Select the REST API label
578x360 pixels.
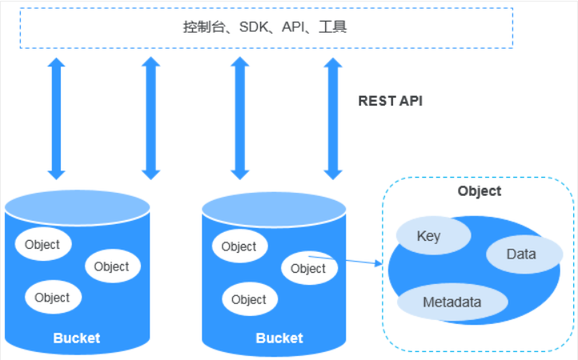click(x=390, y=101)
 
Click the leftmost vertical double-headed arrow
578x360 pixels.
click(x=56, y=118)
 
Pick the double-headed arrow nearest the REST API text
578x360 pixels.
click(x=332, y=118)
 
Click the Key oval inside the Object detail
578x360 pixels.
click(x=429, y=237)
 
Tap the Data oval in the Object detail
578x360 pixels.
click(x=521, y=254)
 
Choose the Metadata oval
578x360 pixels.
click(x=452, y=302)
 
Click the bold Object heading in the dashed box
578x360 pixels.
click(x=479, y=191)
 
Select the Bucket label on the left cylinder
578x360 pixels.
click(x=77, y=338)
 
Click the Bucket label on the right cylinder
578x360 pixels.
click(x=279, y=338)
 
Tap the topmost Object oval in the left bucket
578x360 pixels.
click(x=42, y=245)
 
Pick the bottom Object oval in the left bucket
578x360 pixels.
click(x=53, y=298)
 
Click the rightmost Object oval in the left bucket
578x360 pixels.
click(x=111, y=266)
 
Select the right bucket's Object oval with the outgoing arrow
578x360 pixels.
click(x=308, y=269)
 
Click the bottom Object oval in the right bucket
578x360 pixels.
click(x=249, y=299)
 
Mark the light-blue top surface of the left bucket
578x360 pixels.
click(x=77, y=207)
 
